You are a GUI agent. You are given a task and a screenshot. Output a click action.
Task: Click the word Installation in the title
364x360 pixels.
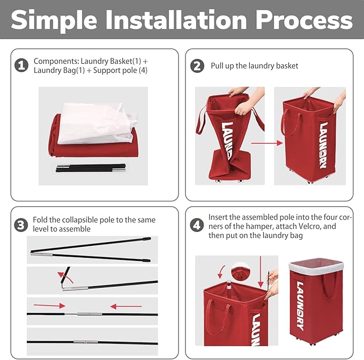[x=176, y=20]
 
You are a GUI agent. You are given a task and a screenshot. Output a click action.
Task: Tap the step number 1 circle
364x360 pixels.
[x=21, y=65]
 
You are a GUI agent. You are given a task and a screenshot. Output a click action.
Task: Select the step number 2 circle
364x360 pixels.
[x=197, y=66]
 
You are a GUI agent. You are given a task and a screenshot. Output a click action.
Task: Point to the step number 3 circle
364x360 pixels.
[x=21, y=225]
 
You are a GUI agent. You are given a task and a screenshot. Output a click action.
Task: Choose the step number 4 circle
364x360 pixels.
[x=197, y=225]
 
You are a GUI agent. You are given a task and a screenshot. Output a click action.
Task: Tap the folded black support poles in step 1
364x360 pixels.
[x=91, y=168]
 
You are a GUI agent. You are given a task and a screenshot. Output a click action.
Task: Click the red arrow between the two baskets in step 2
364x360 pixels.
[x=267, y=143]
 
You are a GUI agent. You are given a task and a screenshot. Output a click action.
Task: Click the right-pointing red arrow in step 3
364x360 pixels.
[x=49, y=305]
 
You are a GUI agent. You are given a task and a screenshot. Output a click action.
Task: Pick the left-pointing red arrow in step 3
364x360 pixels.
[x=126, y=306]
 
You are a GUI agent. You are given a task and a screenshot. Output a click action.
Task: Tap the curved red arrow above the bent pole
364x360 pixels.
[x=65, y=277]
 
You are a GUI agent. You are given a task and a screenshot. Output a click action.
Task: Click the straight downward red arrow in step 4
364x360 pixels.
[x=261, y=272]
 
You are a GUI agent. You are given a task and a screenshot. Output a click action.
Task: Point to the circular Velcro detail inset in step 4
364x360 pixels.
[x=241, y=272]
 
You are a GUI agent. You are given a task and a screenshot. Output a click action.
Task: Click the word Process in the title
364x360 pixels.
[x=304, y=20]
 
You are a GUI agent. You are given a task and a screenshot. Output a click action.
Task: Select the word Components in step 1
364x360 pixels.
[x=56, y=62]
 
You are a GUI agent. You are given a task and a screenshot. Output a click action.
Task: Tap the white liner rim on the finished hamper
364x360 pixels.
[x=316, y=266]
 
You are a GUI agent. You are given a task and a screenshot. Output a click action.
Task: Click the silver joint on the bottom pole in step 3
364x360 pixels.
[x=86, y=342]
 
